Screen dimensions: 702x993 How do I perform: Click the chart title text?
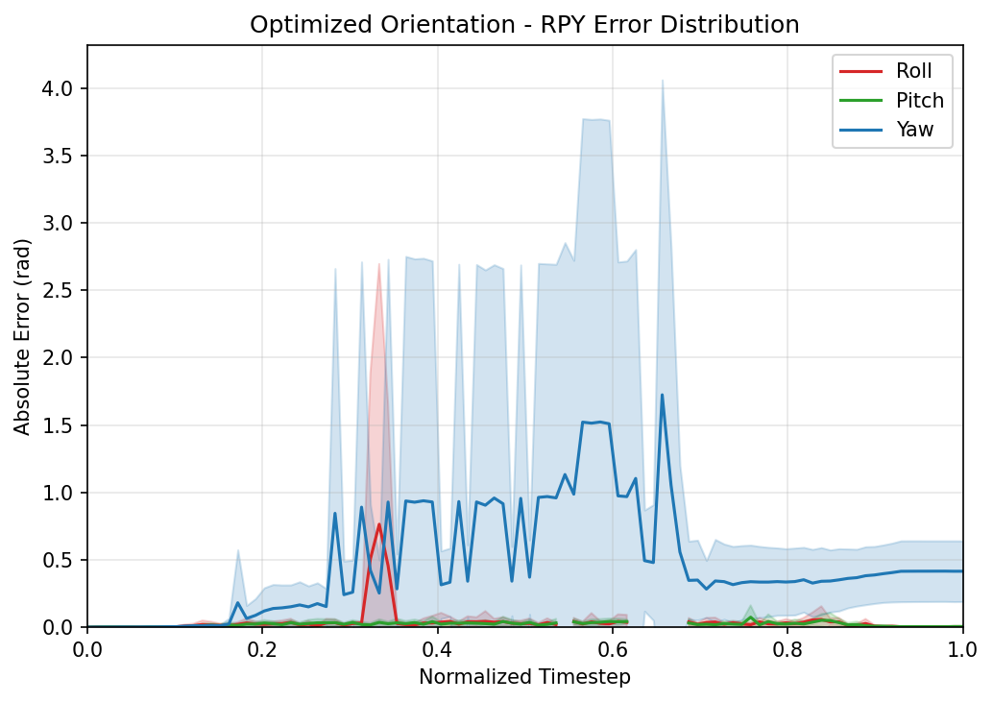click(524, 25)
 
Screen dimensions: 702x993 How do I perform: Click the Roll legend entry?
click(913, 71)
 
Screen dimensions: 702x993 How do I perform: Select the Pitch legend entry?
click(919, 101)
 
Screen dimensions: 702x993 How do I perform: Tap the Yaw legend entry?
click(915, 130)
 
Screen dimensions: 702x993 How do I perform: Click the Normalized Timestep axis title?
click(524, 677)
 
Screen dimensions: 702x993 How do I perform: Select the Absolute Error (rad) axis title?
click(22, 336)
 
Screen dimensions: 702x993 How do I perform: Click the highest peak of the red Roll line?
click(379, 524)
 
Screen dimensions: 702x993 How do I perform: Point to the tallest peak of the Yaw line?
click(662, 395)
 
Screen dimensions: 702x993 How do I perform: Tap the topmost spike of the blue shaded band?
click(662, 80)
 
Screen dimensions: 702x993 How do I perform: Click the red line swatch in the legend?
click(860, 71)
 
